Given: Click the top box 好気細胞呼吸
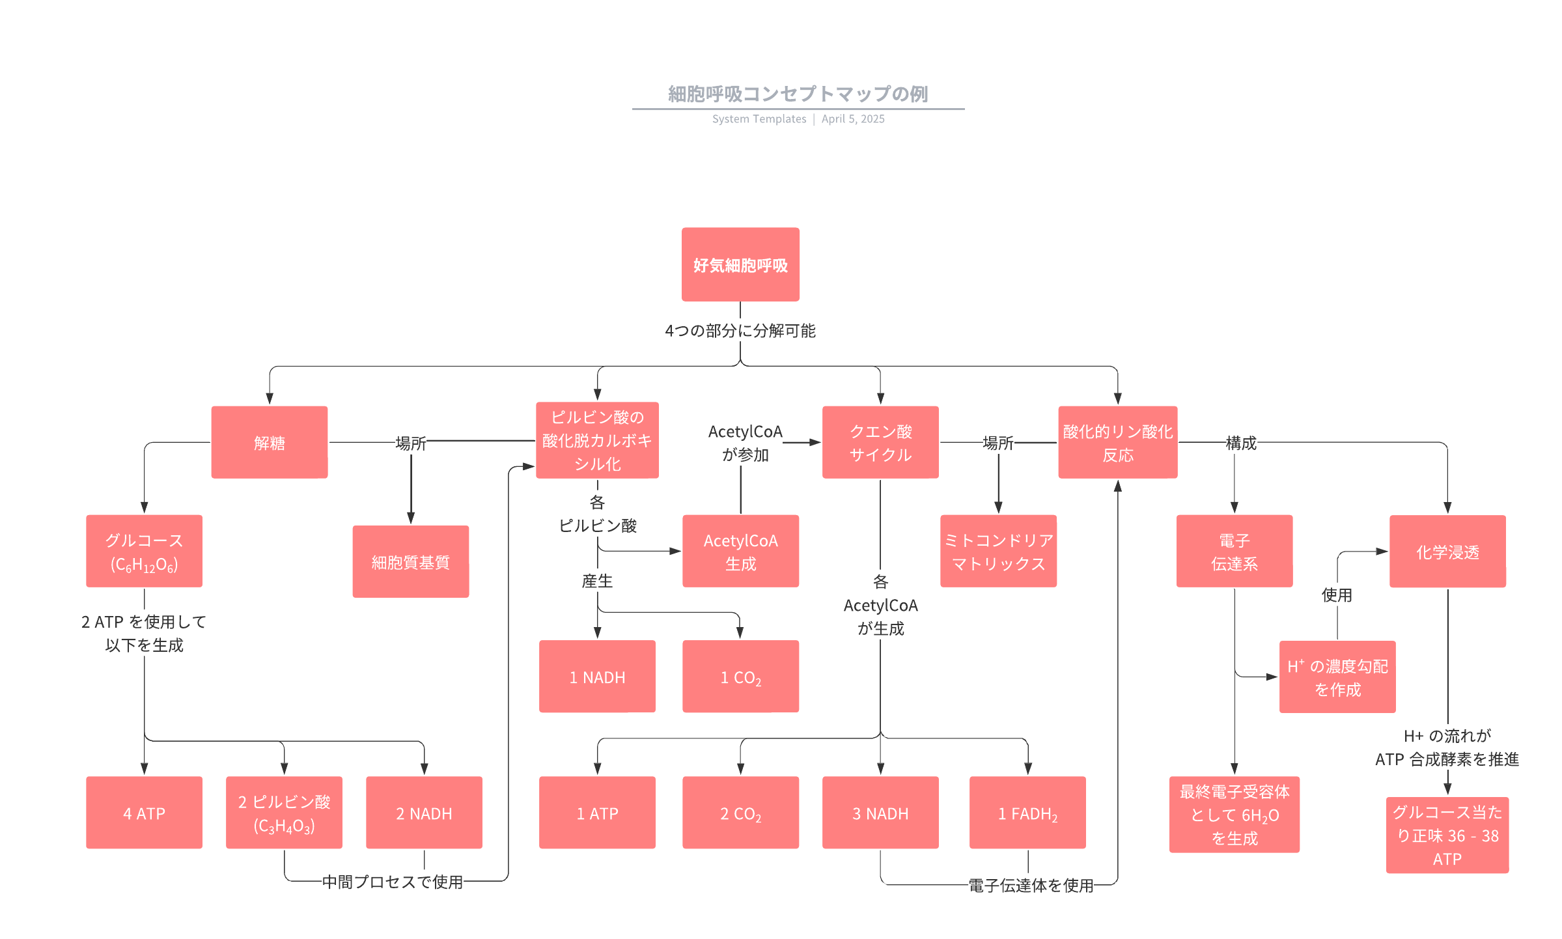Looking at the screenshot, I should (x=740, y=264).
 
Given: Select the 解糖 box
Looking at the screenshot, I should (x=269, y=442).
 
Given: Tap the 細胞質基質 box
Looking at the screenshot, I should (x=410, y=561).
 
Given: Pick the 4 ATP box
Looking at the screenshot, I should (x=144, y=813).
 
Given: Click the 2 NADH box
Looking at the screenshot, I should (x=424, y=813).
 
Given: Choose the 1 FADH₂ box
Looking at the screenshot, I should (x=1027, y=813).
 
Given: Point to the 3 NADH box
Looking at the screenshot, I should (x=880, y=813).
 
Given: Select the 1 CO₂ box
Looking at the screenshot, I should (x=740, y=677).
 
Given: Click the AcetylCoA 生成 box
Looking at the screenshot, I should (x=740, y=551).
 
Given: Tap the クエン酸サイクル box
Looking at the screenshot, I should (x=880, y=442).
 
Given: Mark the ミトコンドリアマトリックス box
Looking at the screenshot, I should (x=998, y=551).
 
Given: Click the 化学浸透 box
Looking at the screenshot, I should (x=1447, y=552).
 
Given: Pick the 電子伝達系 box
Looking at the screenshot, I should (x=1234, y=551).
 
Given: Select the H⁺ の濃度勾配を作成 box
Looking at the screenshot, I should (x=1337, y=677).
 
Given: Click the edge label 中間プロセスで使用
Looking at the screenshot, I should (x=393, y=882).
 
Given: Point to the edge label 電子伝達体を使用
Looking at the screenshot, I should (x=1031, y=885).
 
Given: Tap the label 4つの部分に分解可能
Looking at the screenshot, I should (x=740, y=331).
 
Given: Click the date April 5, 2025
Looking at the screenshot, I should (x=853, y=119).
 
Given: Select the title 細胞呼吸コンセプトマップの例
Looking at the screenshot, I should (x=798, y=94).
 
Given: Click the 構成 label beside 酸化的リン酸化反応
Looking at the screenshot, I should (x=1241, y=443).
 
